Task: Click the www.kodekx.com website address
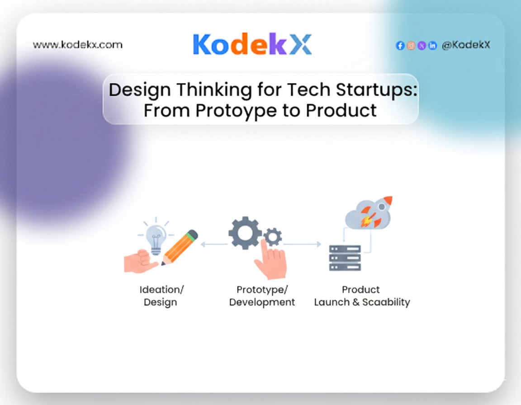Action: click(x=77, y=45)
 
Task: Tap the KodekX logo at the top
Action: click(x=252, y=44)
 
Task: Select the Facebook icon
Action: click(x=400, y=46)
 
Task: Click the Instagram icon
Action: click(x=411, y=46)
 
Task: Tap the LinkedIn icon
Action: click(x=432, y=46)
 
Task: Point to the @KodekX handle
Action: click(x=466, y=45)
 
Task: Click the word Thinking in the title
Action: click(x=214, y=90)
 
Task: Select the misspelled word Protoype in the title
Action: click(x=236, y=111)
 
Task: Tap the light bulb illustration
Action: click(x=156, y=237)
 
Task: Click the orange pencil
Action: click(x=180, y=247)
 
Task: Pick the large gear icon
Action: click(x=245, y=233)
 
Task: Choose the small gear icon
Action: click(x=273, y=237)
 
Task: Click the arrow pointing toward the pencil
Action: click(x=214, y=245)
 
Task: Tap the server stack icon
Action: click(x=345, y=258)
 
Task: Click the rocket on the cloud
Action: click(x=376, y=212)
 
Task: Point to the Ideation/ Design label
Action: click(x=161, y=296)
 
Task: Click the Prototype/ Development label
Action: click(x=262, y=296)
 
